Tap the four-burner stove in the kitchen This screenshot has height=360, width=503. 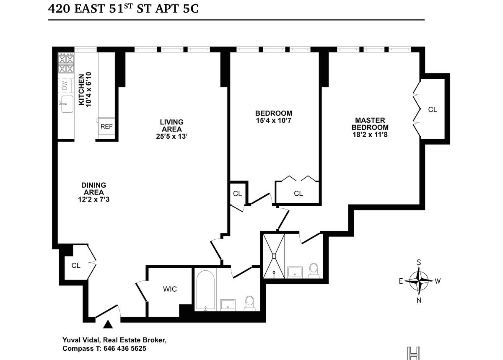pyautogui.click(x=66, y=63)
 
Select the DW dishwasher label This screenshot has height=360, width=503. pyautogui.click(x=65, y=85)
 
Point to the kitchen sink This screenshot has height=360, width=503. pyautogui.click(x=67, y=104)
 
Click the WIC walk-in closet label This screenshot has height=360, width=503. pyautogui.click(x=170, y=289)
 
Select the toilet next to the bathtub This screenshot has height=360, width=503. pyautogui.click(x=250, y=303)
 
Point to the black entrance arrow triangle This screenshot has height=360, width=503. pyautogui.click(x=108, y=324)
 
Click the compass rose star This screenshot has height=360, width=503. pyautogui.click(x=419, y=281)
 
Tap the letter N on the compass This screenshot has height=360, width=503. pyautogui.click(x=419, y=300)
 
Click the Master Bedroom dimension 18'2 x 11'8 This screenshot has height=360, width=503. pyautogui.click(x=370, y=135)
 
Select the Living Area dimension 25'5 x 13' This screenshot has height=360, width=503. pyautogui.click(x=172, y=136)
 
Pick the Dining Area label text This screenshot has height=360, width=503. pyautogui.click(x=93, y=189)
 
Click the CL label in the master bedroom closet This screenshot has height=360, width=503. pyautogui.click(x=433, y=110)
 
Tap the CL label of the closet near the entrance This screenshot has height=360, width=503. pyautogui.click(x=76, y=265)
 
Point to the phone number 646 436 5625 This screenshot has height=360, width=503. pyautogui.click(x=125, y=348)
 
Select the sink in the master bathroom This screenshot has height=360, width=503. pyautogui.click(x=295, y=272)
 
